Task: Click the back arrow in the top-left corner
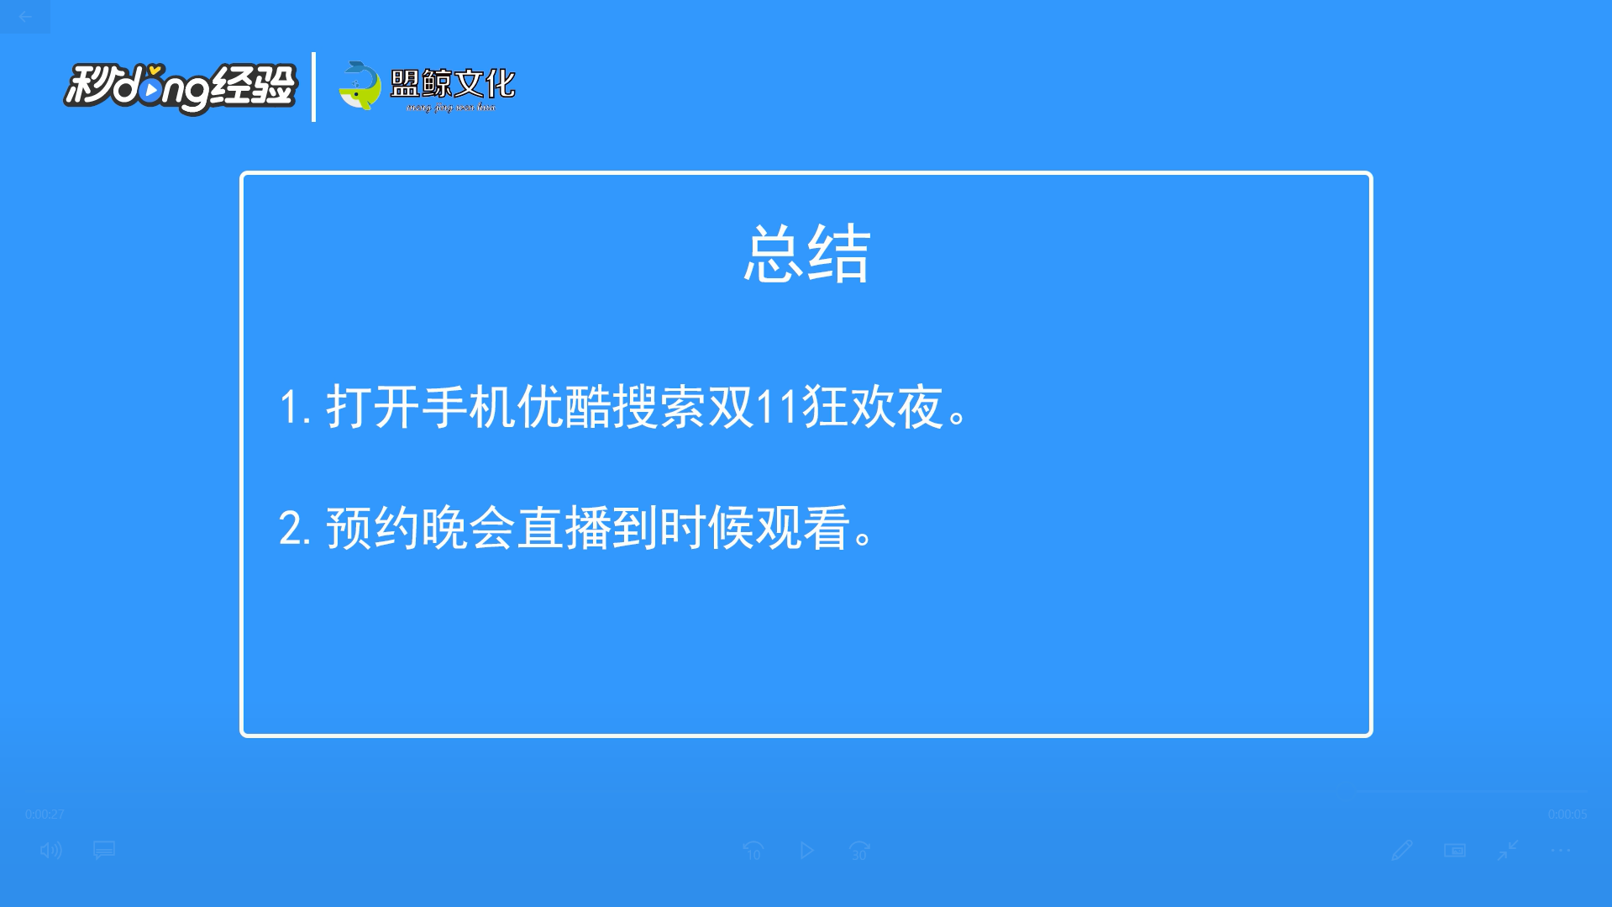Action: (25, 17)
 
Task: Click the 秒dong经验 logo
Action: (180, 87)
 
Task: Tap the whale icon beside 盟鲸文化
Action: (360, 86)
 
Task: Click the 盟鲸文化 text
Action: (453, 84)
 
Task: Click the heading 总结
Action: (806, 254)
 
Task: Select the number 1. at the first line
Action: (295, 408)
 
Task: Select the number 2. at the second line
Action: (295, 529)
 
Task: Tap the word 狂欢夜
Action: (873, 408)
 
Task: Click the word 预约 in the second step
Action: (373, 529)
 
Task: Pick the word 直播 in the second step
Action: (564, 529)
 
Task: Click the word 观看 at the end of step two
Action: (803, 529)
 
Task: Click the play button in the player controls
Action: (806, 851)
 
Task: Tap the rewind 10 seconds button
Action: (753, 851)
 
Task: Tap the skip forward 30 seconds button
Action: (859, 851)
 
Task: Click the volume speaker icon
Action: (50, 851)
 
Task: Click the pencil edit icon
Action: (1401, 851)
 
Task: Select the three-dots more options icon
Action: (1561, 851)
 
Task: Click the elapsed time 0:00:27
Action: (45, 815)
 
